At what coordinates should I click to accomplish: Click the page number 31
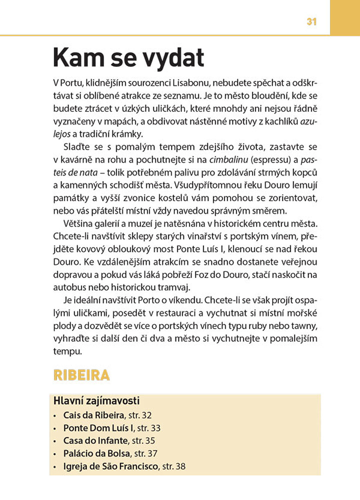pyautogui.click(x=312, y=22)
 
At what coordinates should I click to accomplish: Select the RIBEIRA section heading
pyautogui.click(x=81, y=375)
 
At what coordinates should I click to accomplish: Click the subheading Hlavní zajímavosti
pyautogui.click(x=96, y=401)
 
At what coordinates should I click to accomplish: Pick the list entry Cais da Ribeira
pyautogui.click(x=93, y=415)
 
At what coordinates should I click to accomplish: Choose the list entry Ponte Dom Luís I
pyautogui.click(x=98, y=428)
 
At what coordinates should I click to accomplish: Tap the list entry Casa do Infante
pyautogui.click(x=95, y=441)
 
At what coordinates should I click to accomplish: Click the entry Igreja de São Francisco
pyautogui.click(x=110, y=467)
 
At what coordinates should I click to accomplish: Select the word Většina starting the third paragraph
pyautogui.click(x=78, y=222)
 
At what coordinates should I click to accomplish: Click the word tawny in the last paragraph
pyautogui.click(x=304, y=326)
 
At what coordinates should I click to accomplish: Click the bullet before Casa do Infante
pyautogui.click(x=55, y=441)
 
